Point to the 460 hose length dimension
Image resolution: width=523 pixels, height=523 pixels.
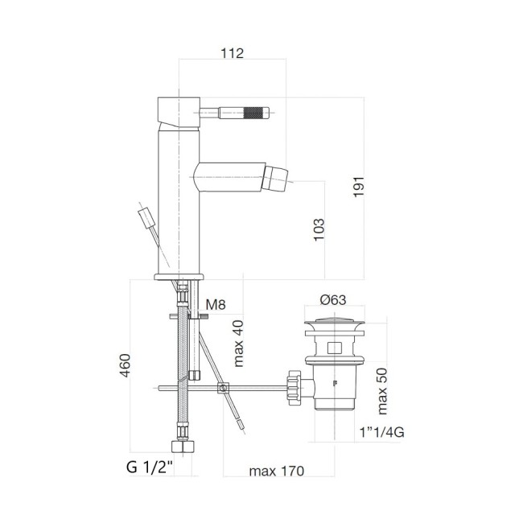tap(125, 366)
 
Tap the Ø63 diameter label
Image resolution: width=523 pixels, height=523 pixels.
tap(332, 299)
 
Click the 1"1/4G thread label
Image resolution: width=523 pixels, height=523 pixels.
tap(382, 432)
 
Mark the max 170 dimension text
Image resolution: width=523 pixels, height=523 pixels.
tap(276, 471)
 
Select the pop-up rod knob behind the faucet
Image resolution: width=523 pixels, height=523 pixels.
tap(146, 217)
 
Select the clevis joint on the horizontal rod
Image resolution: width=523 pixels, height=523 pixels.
tap(224, 389)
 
